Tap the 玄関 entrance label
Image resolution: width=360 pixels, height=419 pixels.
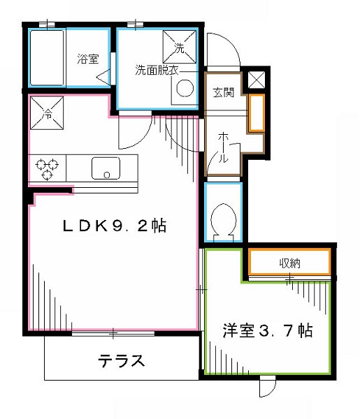click(224, 92)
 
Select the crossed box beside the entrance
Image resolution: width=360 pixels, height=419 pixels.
click(257, 80)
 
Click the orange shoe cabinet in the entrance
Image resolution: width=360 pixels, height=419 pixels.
click(257, 112)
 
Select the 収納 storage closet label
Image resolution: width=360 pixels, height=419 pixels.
click(291, 263)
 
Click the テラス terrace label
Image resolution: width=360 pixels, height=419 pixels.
click(122, 361)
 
